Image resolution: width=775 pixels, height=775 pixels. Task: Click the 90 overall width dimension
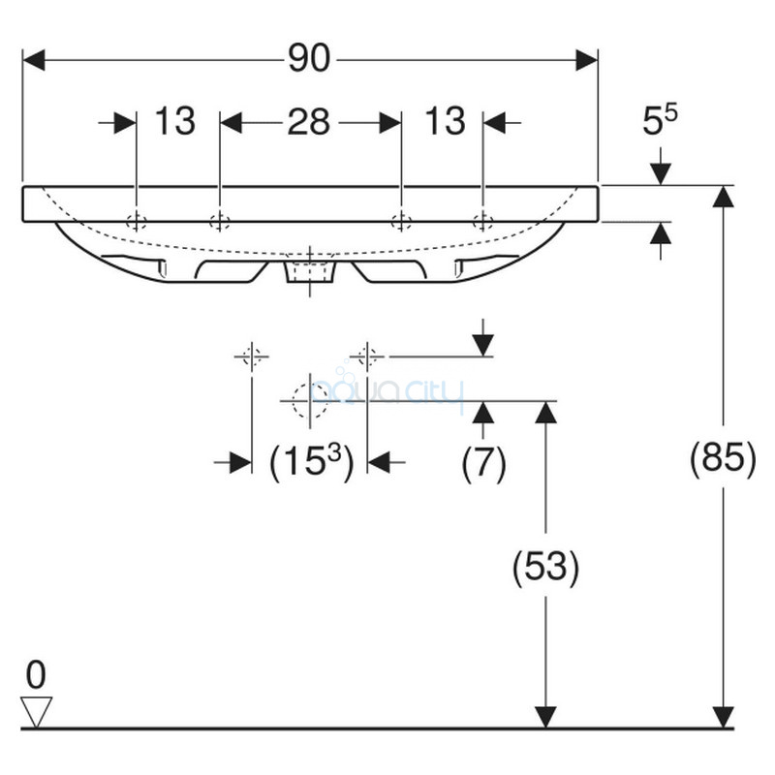point(309,58)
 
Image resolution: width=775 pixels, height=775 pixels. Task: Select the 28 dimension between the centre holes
point(309,122)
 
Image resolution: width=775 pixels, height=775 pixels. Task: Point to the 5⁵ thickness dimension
point(660,120)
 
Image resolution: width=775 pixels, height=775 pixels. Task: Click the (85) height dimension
point(723,457)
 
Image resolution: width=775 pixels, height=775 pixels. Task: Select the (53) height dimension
point(545,567)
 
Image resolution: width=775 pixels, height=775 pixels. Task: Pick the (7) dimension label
point(483,463)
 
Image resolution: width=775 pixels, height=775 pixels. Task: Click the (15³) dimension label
point(311,461)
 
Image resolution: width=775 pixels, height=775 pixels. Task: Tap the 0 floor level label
point(36,674)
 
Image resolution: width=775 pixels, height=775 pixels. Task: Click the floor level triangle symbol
point(36,711)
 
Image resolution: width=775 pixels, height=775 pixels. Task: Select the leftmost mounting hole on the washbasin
point(137,221)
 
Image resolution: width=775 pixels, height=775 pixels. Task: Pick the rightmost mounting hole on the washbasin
point(482,221)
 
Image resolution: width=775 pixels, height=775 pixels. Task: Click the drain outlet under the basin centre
point(310,271)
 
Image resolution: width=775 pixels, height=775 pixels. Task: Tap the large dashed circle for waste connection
point(310,401)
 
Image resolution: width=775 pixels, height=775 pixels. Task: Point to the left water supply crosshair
point(252,356)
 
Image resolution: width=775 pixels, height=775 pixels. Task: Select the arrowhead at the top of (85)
point(723,196)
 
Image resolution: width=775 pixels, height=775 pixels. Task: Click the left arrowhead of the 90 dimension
point(34,60)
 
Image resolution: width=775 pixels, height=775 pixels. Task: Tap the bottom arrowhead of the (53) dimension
point(545,717)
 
